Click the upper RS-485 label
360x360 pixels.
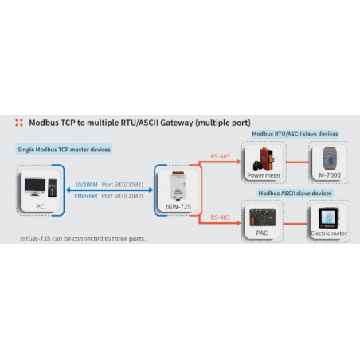click(221, 156)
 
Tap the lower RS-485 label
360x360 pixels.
click(221, 216)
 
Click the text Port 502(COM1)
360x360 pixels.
click(123, 184)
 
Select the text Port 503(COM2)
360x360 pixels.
click(123, 195)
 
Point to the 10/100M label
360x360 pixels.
click(87, 184)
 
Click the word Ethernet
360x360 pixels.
click(86, 195)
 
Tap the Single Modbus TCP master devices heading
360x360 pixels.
click(64, 149)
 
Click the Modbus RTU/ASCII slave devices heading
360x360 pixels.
click(295, 134)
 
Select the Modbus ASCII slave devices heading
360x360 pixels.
click(295, 193)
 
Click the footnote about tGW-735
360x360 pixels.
click(83, 238)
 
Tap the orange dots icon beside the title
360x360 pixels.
click(19, 123)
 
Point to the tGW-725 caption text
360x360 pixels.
click(177, 207)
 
